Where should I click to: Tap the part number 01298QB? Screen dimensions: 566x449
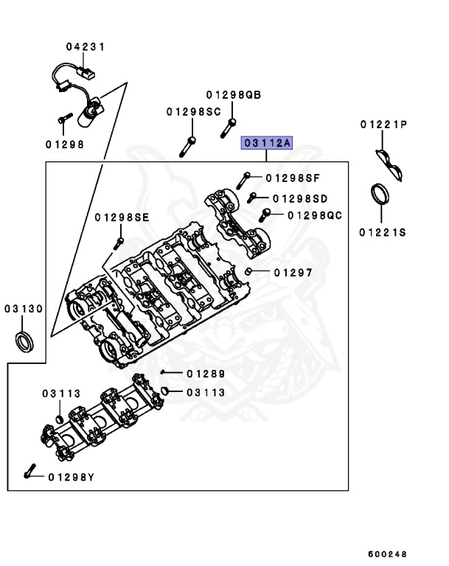click(x=234, y=95)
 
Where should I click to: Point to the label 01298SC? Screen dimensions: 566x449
click(x=193, y=111)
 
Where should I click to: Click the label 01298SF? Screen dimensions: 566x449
click(x=293, y=178)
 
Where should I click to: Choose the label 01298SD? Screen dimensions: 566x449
click(x=300, y=198)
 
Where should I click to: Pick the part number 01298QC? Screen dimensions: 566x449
click(x=315, y=215)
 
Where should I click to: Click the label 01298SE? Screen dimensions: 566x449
click(x=122, y=217)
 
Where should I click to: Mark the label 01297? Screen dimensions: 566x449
click(x=293, y=272)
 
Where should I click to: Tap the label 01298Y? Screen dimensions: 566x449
click(x=72, y=477)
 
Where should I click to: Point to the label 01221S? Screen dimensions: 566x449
click(x=383, y=233)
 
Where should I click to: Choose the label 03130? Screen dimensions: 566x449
click(x=24, y=309)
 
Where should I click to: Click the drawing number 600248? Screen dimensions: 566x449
click(x=389, y=553)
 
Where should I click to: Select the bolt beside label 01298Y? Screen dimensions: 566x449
click(x=29, y=472)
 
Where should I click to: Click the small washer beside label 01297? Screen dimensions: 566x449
click(x=250, y=273)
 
